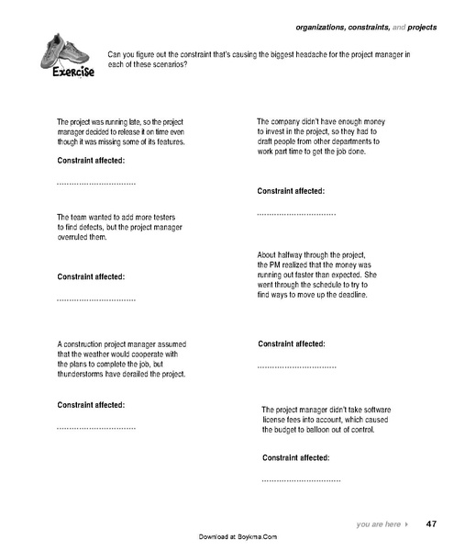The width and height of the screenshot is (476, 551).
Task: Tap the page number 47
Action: point(431,523)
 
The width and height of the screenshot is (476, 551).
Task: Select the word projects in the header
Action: point(419,28)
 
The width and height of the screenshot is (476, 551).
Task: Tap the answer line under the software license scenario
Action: point(301,480)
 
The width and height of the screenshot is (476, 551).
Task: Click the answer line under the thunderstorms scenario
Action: point(96,428)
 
